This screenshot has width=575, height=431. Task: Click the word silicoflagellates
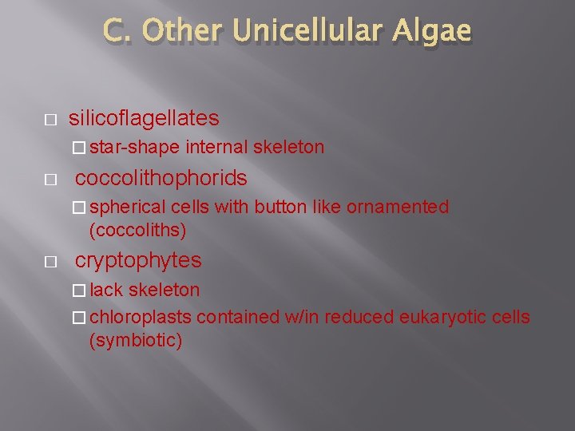(x=144, y=119)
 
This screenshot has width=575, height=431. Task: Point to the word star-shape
(x=135, y=147)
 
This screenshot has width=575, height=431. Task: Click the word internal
(x=217, y=147)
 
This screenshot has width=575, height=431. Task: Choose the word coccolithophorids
(x=161, y=178)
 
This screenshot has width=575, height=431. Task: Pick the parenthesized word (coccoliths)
(x=138, y=231)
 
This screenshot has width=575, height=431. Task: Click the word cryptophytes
(x=138, y=261)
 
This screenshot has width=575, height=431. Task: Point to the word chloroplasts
(x=141, y=317)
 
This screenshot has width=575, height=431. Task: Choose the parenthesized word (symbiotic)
(x=136, y=341)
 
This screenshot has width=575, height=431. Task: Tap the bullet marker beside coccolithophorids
(x=50, y=179)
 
